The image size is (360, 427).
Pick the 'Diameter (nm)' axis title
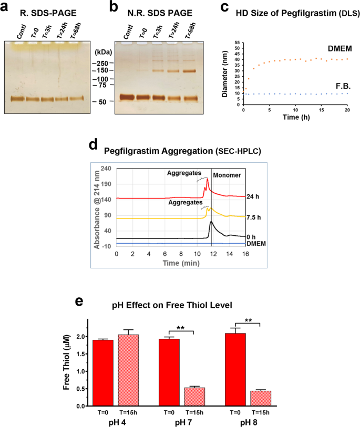(x=224, y=70)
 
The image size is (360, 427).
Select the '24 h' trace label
(x=255, y=197)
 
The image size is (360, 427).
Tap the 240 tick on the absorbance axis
(x=107, y=168)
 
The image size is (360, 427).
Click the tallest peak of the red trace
(x=208, y=180)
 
